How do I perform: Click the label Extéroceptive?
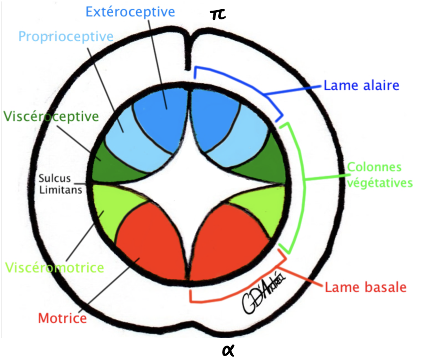point(130,12)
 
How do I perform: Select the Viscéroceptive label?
point(51,116)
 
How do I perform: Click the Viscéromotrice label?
point(54,268)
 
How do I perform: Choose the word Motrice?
point(62,318)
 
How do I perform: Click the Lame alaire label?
point(361,86)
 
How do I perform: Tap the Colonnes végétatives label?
point(380,175)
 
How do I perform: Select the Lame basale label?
point(365,286)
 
